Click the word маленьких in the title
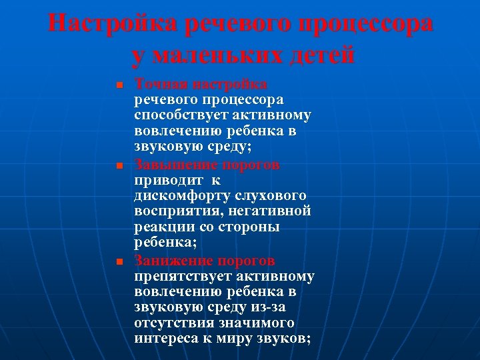point(225,55)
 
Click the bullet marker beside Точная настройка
point(118,86)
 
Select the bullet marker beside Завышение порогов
point(118,165)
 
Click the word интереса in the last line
point(164,339)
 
